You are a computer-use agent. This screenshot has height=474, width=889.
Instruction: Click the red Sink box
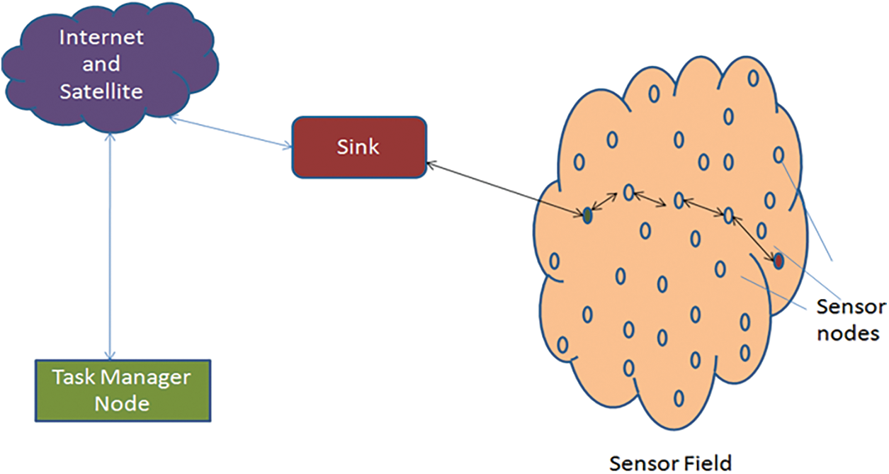(359, 147)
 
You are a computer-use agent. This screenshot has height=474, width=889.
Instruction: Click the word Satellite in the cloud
(101, 91)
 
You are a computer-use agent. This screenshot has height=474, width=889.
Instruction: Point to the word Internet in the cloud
(101, 37)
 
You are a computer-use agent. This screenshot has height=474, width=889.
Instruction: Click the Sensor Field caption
(670, 462)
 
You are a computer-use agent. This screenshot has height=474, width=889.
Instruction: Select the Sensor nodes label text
(851, 320)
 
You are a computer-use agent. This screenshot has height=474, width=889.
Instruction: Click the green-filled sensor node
(587, 215)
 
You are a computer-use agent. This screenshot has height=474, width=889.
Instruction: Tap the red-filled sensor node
(778, 261)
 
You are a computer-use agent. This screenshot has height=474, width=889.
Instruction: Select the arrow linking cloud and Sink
(231, 132)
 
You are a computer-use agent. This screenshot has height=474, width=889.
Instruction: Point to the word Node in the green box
(122, 404)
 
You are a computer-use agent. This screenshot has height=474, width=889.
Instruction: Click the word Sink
(359, 147)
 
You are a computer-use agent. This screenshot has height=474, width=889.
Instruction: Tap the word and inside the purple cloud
(101, 64)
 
